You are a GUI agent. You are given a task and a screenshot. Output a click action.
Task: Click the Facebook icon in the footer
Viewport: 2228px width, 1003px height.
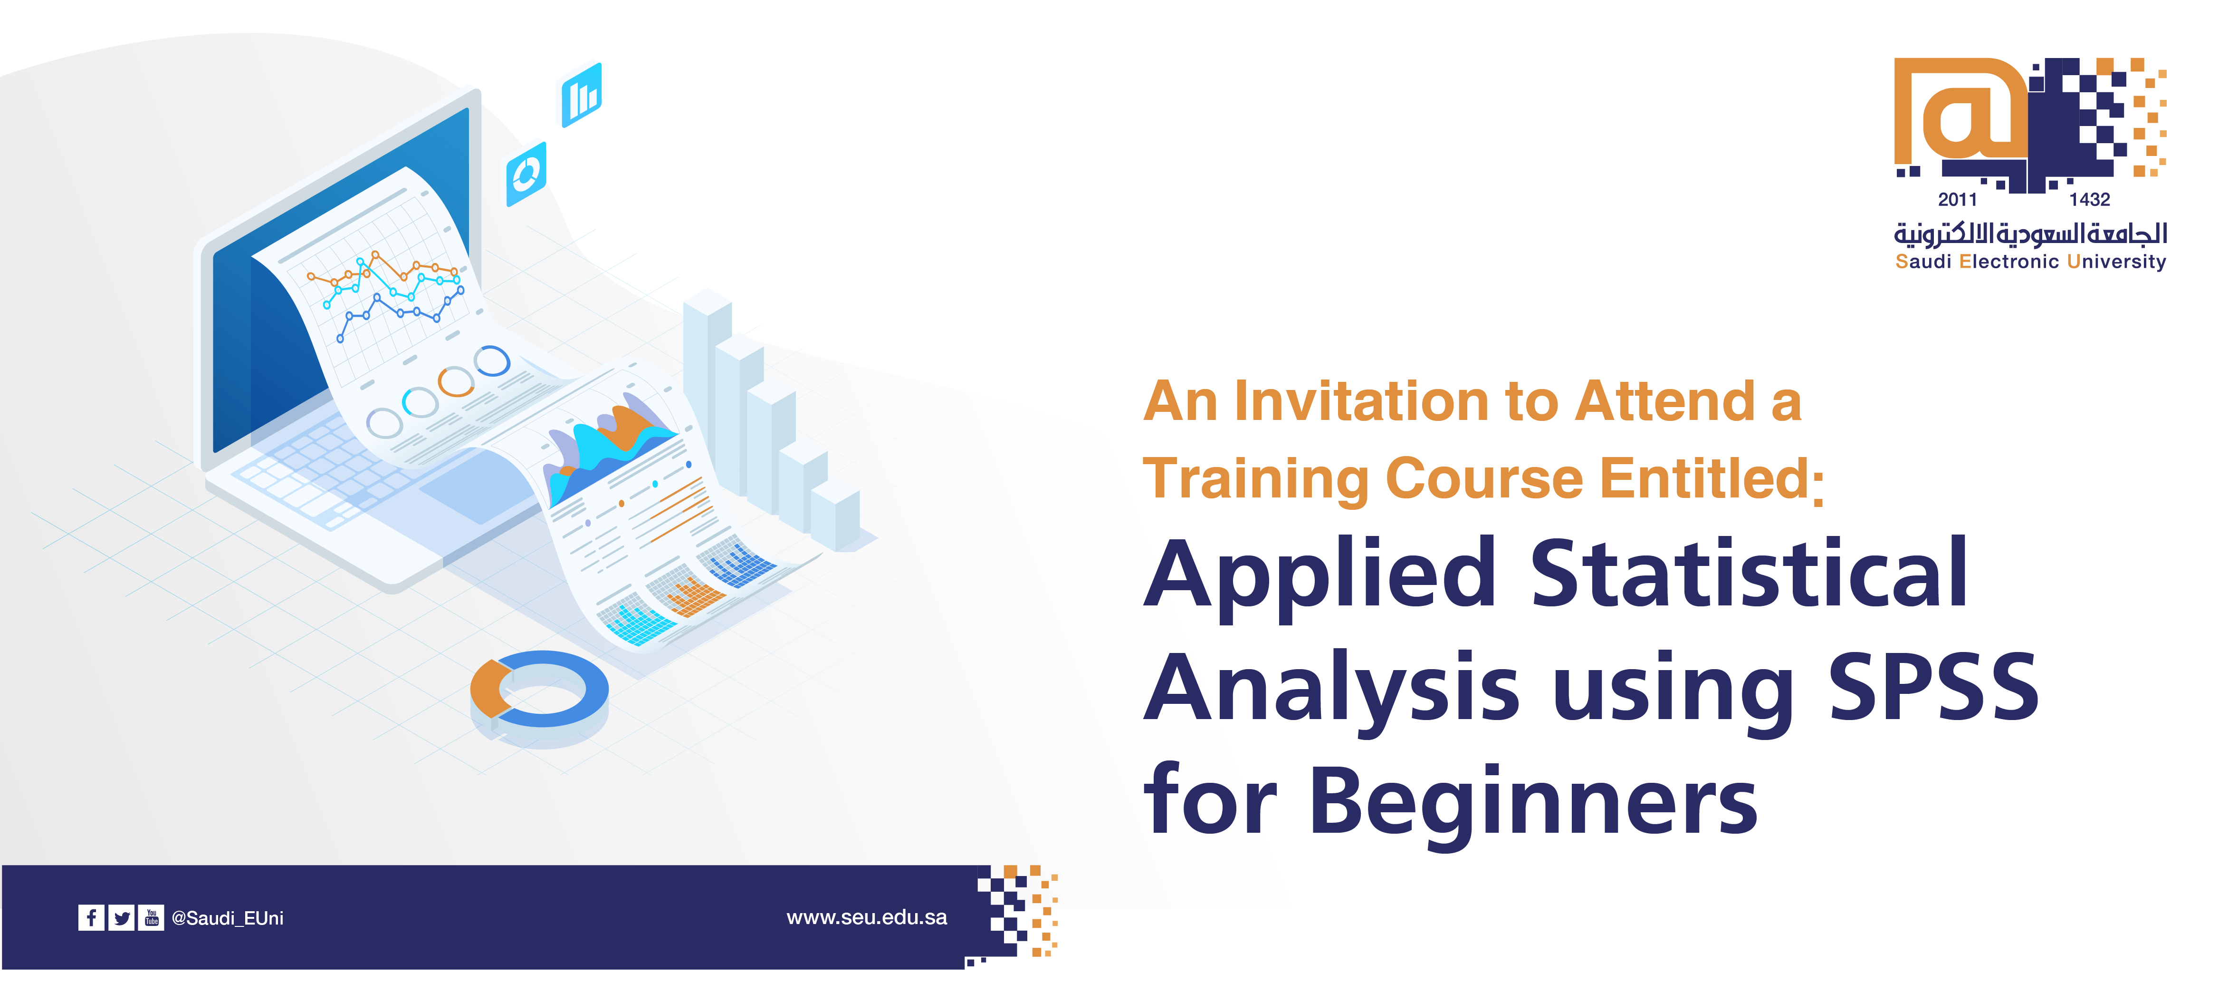coord(91,917)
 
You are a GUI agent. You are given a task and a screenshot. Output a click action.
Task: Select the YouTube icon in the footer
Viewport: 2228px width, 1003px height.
coord(152,917)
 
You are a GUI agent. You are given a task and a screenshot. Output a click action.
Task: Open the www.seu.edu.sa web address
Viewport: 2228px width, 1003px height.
coord(867,917)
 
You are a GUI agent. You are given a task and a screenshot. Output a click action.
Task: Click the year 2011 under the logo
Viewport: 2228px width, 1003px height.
coord(1957,200)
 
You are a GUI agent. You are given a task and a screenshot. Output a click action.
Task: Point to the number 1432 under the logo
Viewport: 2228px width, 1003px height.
coord(2090,200)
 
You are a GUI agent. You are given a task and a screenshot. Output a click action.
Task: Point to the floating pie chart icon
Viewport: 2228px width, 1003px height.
coord(526,174)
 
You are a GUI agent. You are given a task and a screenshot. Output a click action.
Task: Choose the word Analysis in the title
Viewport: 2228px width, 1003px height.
coord(1332,688)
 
